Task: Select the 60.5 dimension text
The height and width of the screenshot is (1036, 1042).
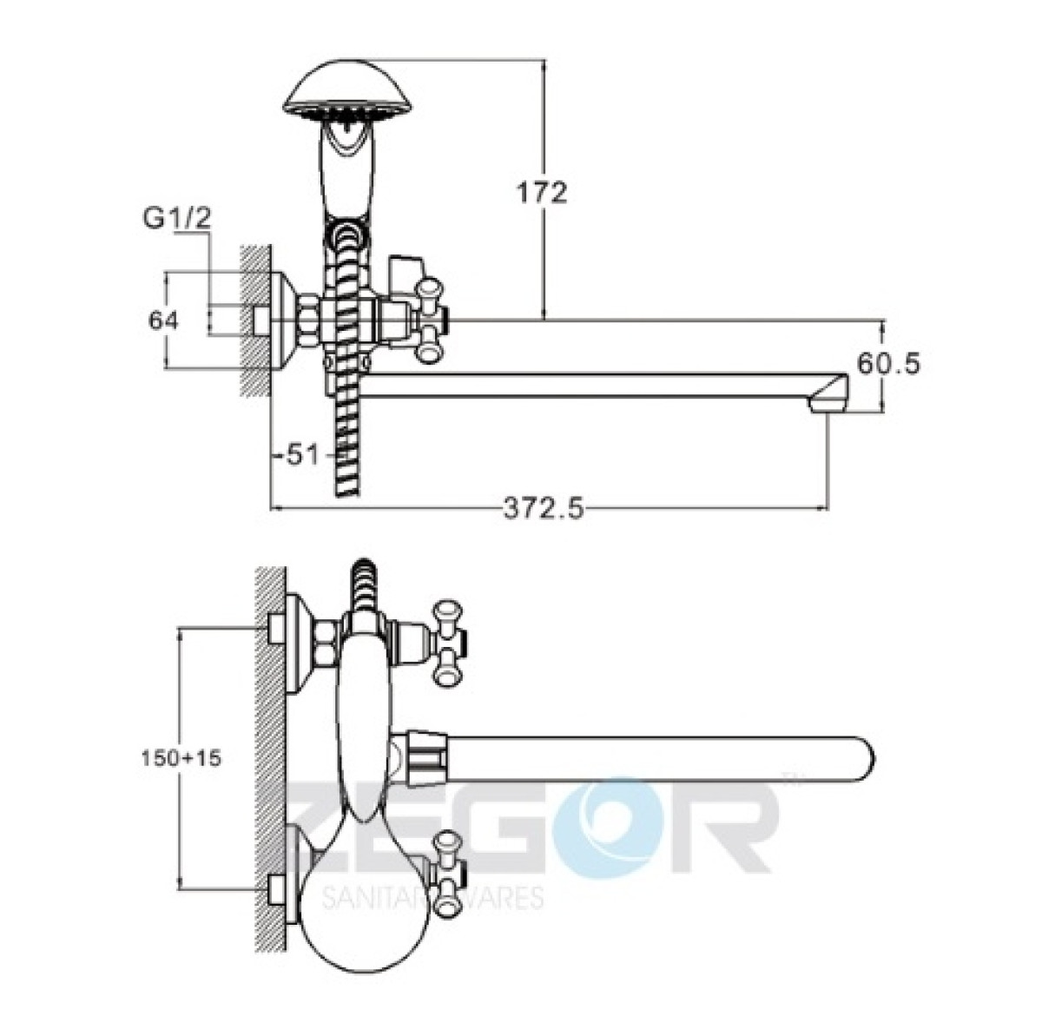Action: tap(888, 364)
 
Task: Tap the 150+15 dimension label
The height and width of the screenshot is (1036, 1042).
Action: tap(181, 758)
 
